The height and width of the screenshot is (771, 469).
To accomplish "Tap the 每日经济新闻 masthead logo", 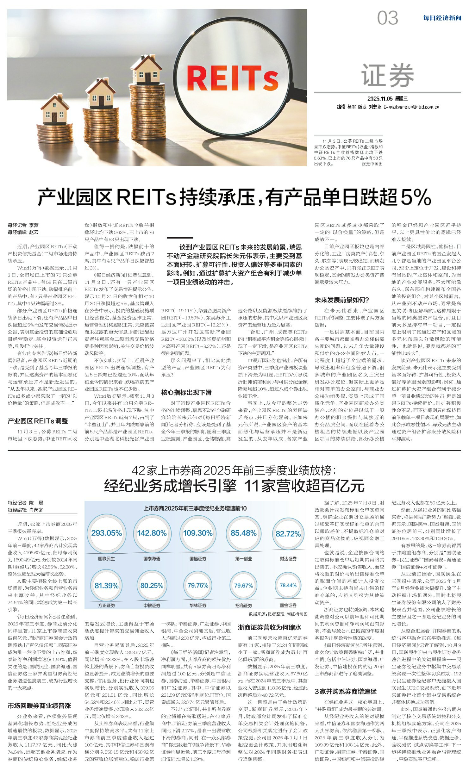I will [x=442, y=18].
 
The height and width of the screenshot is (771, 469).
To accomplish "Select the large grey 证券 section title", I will [x=387, y=75].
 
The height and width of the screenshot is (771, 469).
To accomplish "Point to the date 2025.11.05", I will [x=379, y=99].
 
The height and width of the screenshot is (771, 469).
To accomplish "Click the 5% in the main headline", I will [x=416, y=197].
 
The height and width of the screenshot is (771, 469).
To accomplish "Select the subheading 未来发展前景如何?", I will [x=341, y=300].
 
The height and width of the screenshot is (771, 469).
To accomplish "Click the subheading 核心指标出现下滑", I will [x=186, y=393].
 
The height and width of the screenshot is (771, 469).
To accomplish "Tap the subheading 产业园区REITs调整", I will [x=38, y=421].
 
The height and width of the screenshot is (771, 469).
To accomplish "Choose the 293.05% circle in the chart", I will [x=106, y=533].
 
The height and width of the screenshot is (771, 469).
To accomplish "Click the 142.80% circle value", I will [x=152, y=533].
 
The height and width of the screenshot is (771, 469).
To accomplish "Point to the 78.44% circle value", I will [x=288, y=585].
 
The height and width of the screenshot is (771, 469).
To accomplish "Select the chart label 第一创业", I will [x=243, y=559].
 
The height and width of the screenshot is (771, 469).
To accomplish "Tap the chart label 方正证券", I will [x=106, y=606].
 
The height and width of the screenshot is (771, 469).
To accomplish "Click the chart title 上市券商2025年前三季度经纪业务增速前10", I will [x=195, y=508].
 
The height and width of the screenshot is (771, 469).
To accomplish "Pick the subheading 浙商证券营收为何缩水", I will [x=269, y=627].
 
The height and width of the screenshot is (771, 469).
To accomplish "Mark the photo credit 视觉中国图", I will [x=372, y=164].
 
